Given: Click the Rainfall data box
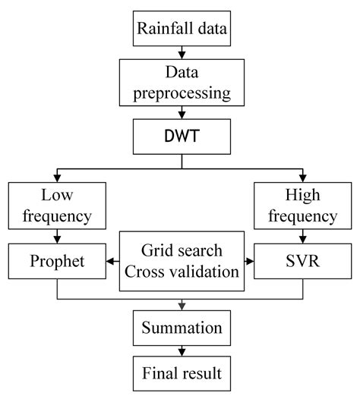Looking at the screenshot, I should (x=180, y=30).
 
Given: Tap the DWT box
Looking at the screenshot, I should (x=180, y=137).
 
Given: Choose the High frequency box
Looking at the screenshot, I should (x=302, y=206).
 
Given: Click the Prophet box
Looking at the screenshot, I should (x=57, y=262).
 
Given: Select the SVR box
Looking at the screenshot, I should (x=302, y=262).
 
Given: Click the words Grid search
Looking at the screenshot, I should (x=180, y=250).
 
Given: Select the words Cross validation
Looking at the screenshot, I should (x=180, y=272).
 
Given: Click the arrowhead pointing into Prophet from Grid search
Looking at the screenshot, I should (x=111, y=262).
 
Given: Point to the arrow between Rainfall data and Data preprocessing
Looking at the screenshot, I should (x=180, y=54).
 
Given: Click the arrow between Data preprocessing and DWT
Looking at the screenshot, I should (x=180, y=115).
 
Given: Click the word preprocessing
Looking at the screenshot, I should (x=180, y=94).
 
